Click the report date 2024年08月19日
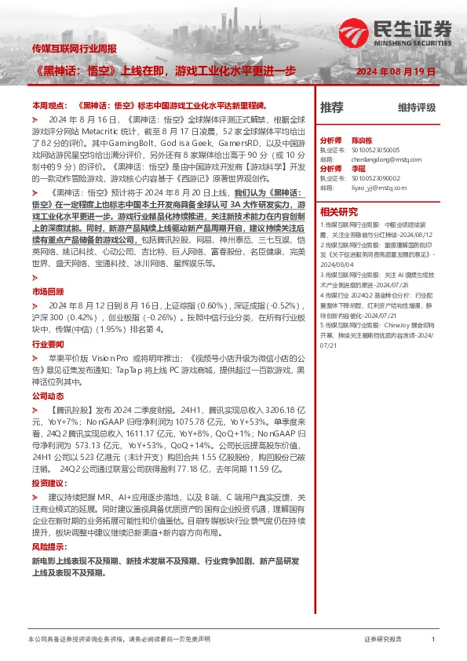396,71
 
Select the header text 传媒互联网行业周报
75,49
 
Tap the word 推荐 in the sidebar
332,107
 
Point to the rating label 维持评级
416,108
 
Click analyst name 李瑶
358,168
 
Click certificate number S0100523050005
378,148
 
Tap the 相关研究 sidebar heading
339,212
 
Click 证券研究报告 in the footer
383,640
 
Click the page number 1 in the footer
433,640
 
